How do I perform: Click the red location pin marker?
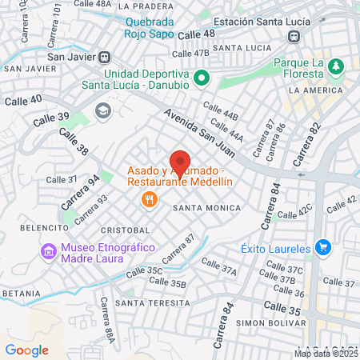[x=180, y=162]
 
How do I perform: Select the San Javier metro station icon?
[x=104, y=57]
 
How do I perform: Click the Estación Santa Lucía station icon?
[x=294, y=36]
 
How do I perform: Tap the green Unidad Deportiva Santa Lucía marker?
[x=202, y=78]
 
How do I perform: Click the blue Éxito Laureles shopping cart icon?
[x=322, y=247]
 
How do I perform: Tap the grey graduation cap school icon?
[x=102, y=110]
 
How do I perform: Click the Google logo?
[x=26, y=350]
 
